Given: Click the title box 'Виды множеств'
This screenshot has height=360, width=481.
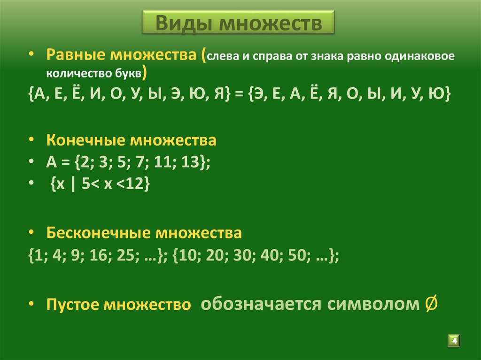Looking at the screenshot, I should pos(239,22).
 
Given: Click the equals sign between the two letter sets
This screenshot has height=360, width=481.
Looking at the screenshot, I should pos(239,94).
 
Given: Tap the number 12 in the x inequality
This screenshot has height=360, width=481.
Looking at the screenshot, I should pos(136,185).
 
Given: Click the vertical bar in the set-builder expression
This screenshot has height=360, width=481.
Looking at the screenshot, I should pos(72,185).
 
